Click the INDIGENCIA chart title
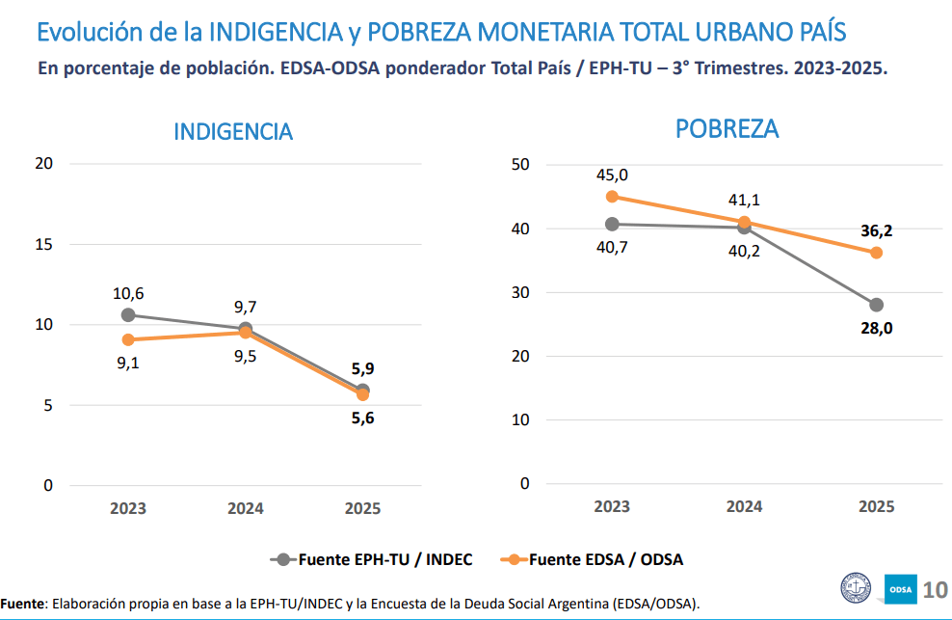pos(233,131)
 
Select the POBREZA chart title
pos(727,128)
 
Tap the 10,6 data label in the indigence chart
pos(127,293)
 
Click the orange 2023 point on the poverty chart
pos(612,197)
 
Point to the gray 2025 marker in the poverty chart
pos(876,305)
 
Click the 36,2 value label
pos(876,231)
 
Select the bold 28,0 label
pos(876,328)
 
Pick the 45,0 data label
pos(611,175)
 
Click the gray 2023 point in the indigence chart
pos(128,314)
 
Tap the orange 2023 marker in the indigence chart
pos(128,339)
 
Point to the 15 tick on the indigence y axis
pos(44,244)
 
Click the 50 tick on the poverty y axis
pos(521,165)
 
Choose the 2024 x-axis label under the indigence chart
pos(246,508)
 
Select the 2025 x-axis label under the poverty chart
pos(876,506)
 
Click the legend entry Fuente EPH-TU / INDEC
pos(374,558)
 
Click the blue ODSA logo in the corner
pos(900,588)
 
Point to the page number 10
pos(935,589)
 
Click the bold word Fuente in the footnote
pos(22,604)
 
